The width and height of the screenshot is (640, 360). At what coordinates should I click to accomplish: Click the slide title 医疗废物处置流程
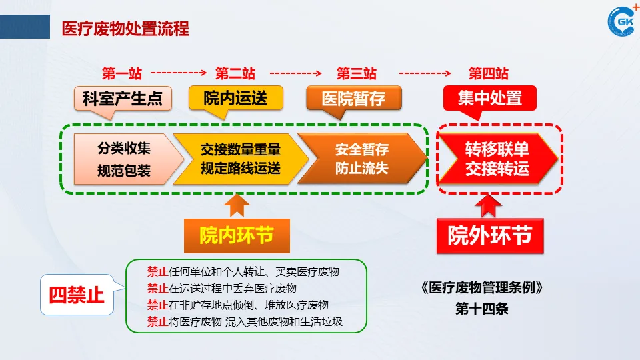click(125, 29)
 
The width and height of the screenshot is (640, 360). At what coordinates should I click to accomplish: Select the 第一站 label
click(122, 73)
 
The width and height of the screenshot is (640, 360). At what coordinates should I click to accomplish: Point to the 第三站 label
click(356, 73)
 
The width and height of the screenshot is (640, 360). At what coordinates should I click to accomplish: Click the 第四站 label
click(489, 73)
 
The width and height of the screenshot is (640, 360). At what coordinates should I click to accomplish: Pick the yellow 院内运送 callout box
click(236, 98)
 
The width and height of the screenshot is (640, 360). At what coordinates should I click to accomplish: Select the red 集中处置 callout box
click(489, 98)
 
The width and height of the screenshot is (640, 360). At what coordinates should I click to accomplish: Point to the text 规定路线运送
click(241, 169)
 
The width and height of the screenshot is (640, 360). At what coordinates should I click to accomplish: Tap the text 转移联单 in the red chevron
click(497, 149)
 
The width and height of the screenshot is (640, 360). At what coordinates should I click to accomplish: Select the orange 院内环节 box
click(237, 235)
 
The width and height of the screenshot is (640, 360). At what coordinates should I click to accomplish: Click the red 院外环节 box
click(490, 236)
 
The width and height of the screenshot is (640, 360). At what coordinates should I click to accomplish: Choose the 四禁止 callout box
click(77, 294)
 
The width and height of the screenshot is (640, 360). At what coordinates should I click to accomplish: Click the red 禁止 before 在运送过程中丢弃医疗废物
click(157, 289)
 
